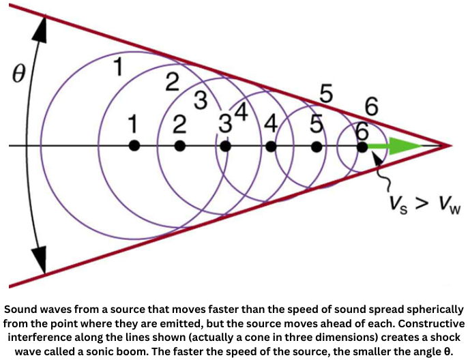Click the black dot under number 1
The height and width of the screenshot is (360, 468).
[134, 146]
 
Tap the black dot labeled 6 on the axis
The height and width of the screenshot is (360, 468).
[362, 147]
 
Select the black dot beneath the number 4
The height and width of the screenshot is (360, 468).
[271, 146]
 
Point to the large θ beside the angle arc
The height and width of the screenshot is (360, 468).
[18, 73]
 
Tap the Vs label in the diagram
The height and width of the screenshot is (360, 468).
[398, 205]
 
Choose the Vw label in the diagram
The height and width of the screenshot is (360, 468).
[448, 205]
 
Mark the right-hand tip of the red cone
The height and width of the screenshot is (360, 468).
[452, 146]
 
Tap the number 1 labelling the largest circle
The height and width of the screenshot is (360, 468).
[119, 67]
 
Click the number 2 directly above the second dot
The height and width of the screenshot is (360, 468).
[179, 124]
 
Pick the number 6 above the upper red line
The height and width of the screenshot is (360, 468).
[372, 106]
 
